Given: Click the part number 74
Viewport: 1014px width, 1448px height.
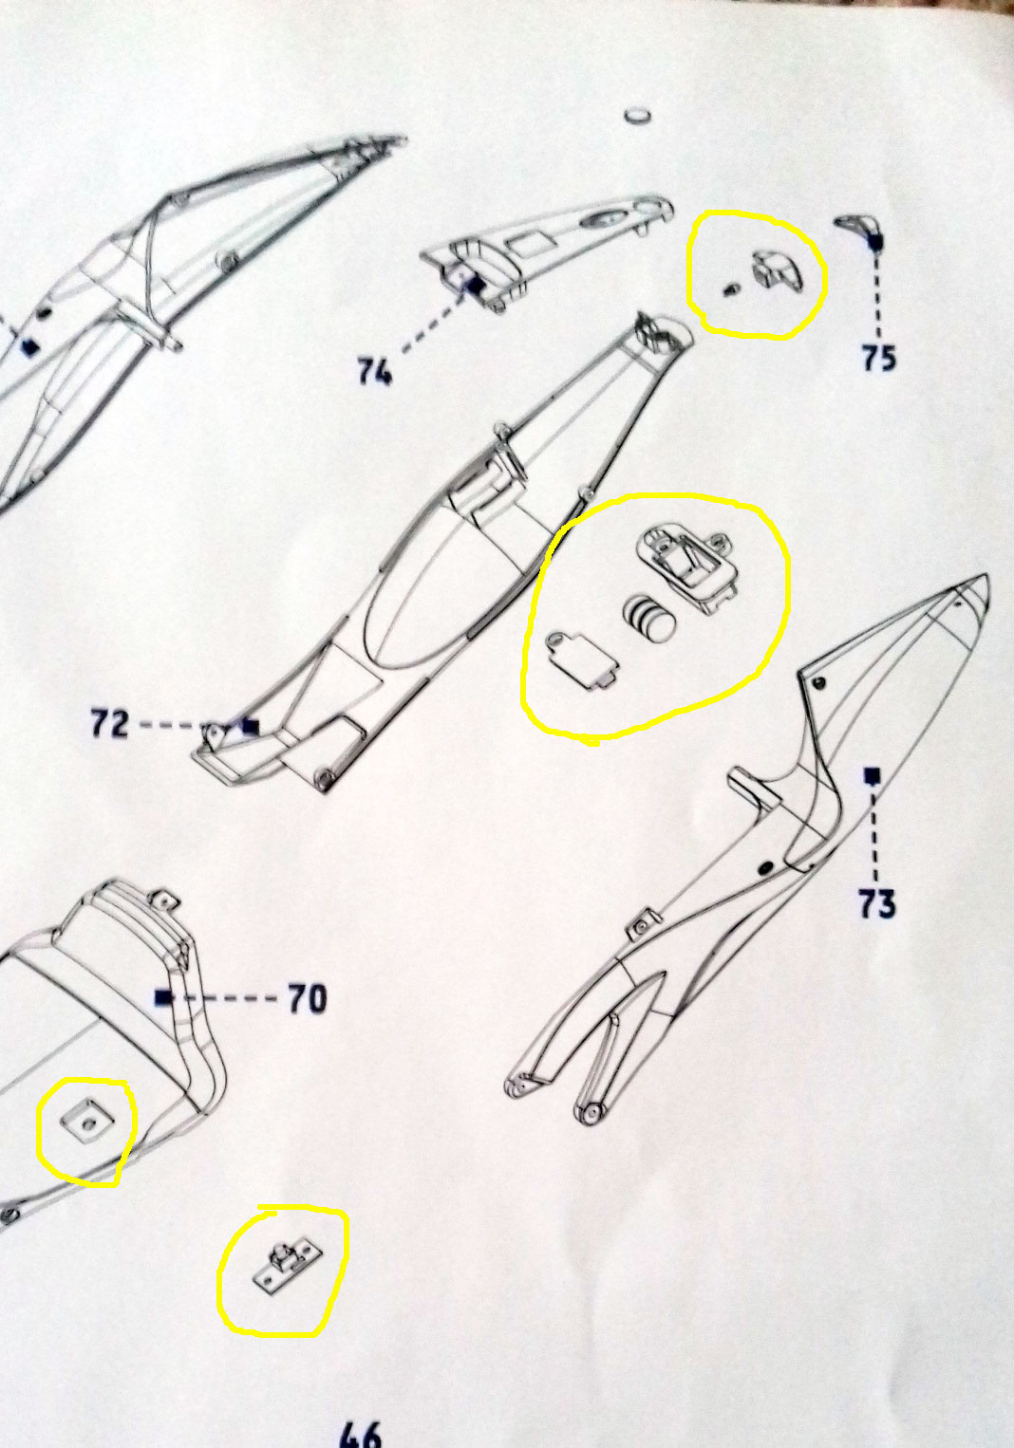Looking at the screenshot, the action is point(375,372).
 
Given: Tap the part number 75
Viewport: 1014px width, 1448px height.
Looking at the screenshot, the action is point(879,358).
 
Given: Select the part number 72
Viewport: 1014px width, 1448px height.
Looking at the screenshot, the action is point(110,723).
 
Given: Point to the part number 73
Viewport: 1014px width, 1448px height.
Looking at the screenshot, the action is point(877,903).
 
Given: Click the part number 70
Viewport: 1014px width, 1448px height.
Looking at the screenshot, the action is point(308,999).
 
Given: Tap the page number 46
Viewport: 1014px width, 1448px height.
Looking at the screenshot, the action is point(360,1435).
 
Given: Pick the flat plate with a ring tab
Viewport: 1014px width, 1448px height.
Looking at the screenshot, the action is point(581,660).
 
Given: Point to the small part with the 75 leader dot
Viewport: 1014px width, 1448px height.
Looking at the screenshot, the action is point(861,231).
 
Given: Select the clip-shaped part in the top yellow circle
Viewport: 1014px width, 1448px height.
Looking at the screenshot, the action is point(777,270).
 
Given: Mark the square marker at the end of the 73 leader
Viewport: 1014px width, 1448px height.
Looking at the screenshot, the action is point(873,776).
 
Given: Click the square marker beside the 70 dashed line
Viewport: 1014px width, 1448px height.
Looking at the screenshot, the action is point(164,997).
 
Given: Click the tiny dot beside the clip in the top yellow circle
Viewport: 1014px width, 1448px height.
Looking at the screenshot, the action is point(730,289).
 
